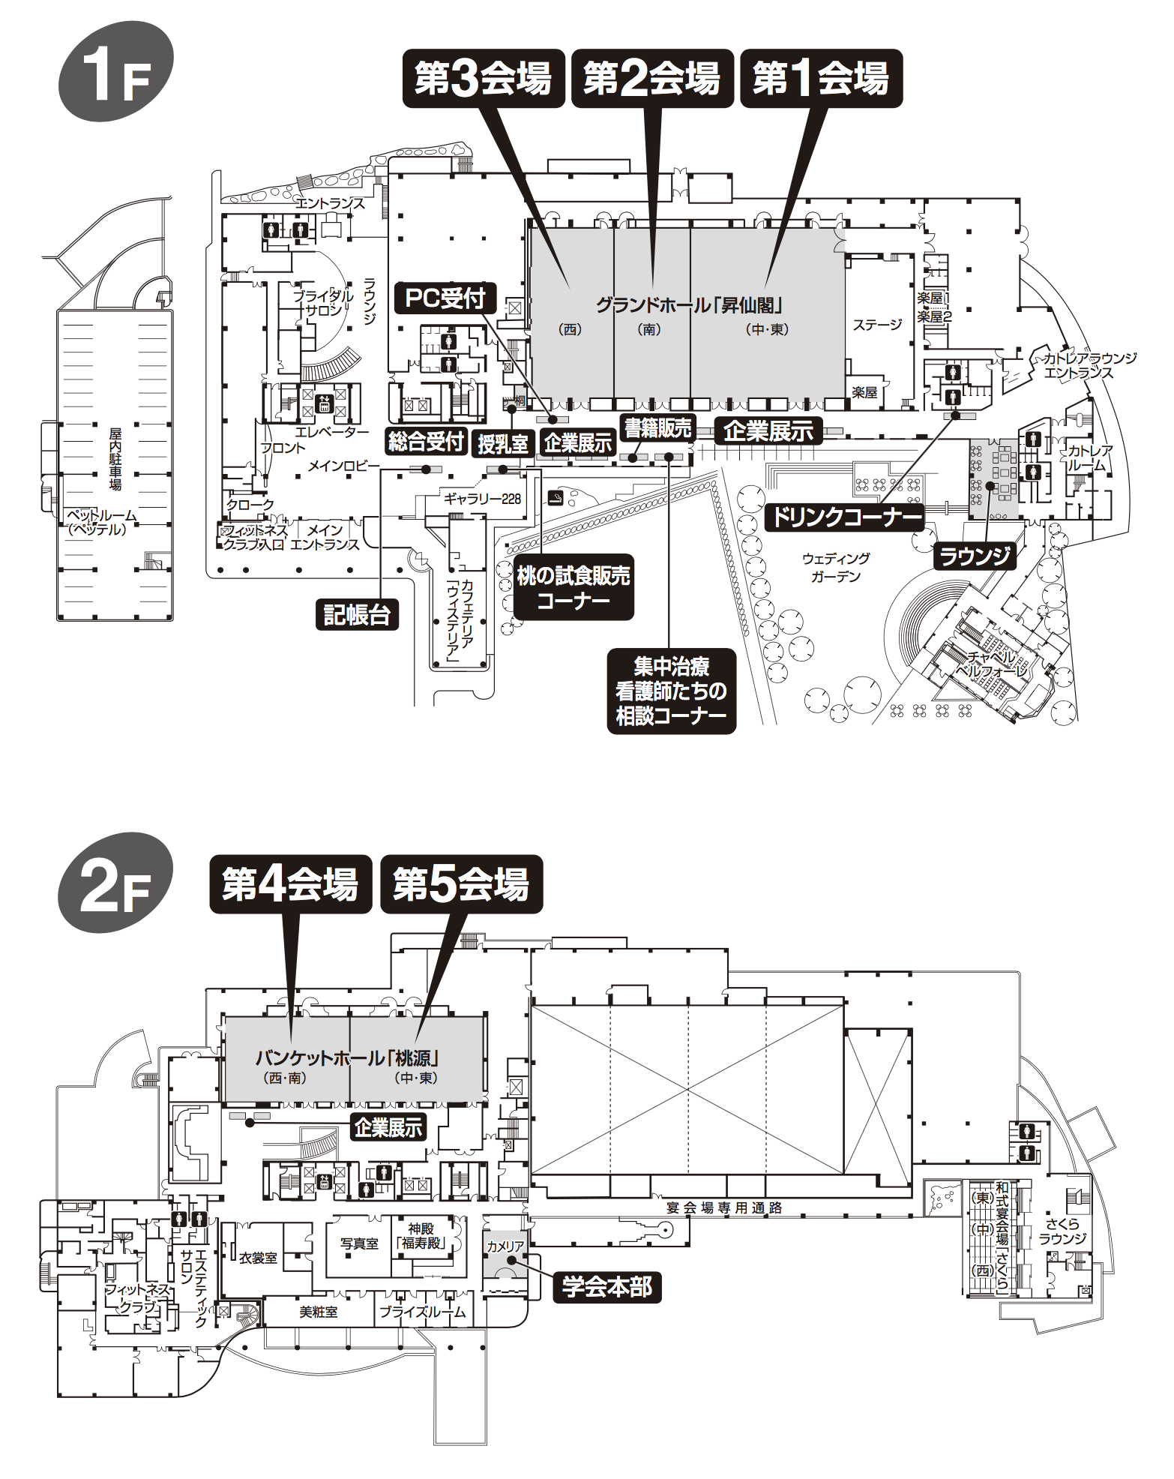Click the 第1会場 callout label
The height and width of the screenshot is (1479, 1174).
(821, 79)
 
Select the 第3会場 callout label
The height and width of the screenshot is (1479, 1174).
(484, 79)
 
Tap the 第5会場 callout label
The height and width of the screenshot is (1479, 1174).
(461, 884)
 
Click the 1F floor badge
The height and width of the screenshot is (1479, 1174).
(115, 72)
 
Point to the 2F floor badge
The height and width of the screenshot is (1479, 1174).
(115, 883)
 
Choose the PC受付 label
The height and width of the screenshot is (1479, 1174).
(445, 298)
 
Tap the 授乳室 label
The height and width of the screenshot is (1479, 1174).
(502, 444)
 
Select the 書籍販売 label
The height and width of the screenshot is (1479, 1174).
(657, 428)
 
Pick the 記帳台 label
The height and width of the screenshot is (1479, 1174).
(357, 614)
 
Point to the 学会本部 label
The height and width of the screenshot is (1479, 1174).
(607, 1287)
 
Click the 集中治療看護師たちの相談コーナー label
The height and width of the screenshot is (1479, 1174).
(671, 691)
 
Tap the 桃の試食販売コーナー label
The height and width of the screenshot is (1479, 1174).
(574, 587)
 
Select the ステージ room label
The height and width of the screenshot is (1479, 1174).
(877, 325)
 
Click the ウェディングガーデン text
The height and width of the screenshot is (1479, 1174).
(836, 568)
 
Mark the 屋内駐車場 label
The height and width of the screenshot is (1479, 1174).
(115, 458)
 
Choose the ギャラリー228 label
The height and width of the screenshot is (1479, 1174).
(482, 499)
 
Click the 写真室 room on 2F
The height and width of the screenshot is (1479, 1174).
(359, 1243)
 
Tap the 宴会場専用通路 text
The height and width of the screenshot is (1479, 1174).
(724, 1207)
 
